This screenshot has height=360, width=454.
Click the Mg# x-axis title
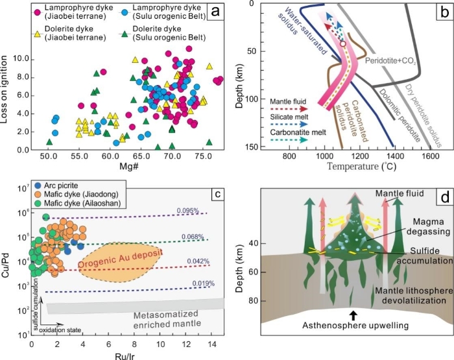pyautogui.click(x=128, y=170)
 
